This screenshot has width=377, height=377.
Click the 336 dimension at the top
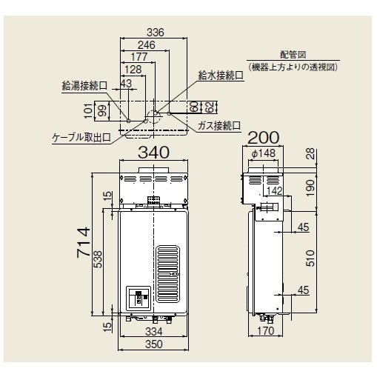(x=154, y=33)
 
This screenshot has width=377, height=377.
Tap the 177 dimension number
(x=138, y=58)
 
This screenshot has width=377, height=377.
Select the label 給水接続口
(x=220, y=76)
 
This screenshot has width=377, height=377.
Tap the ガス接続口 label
(x=219, y=125)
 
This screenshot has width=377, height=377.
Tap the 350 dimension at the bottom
(x=154, y=345)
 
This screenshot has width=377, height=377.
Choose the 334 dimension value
(x=154, y=331)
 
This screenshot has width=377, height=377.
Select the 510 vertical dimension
(x=312, y=258)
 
